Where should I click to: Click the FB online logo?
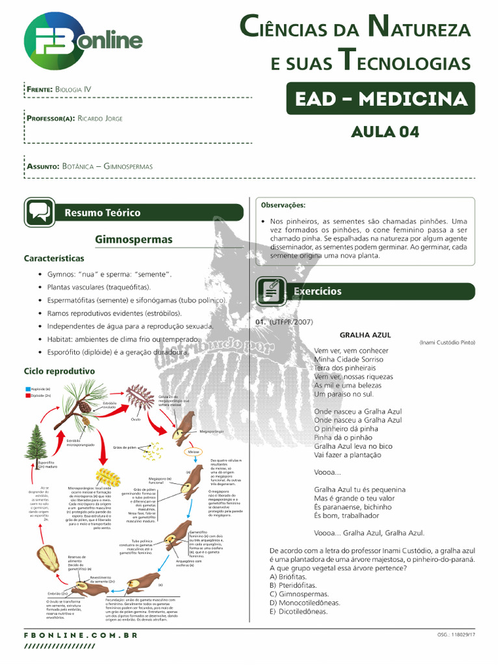(x=83, y=43)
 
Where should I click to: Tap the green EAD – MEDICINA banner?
(x=380, y=99)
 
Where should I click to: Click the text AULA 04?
(x=385, y=132)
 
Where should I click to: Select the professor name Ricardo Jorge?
(x=99, y=118)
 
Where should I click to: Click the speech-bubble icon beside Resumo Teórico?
(x=39, y=212)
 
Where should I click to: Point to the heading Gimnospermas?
(x=133, y=240)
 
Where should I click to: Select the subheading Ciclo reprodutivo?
(x=59, y=370)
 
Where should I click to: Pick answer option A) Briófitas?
(x=288, y=576)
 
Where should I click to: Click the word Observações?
(x=283, y=205)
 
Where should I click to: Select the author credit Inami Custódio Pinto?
(x=447, y=342)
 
